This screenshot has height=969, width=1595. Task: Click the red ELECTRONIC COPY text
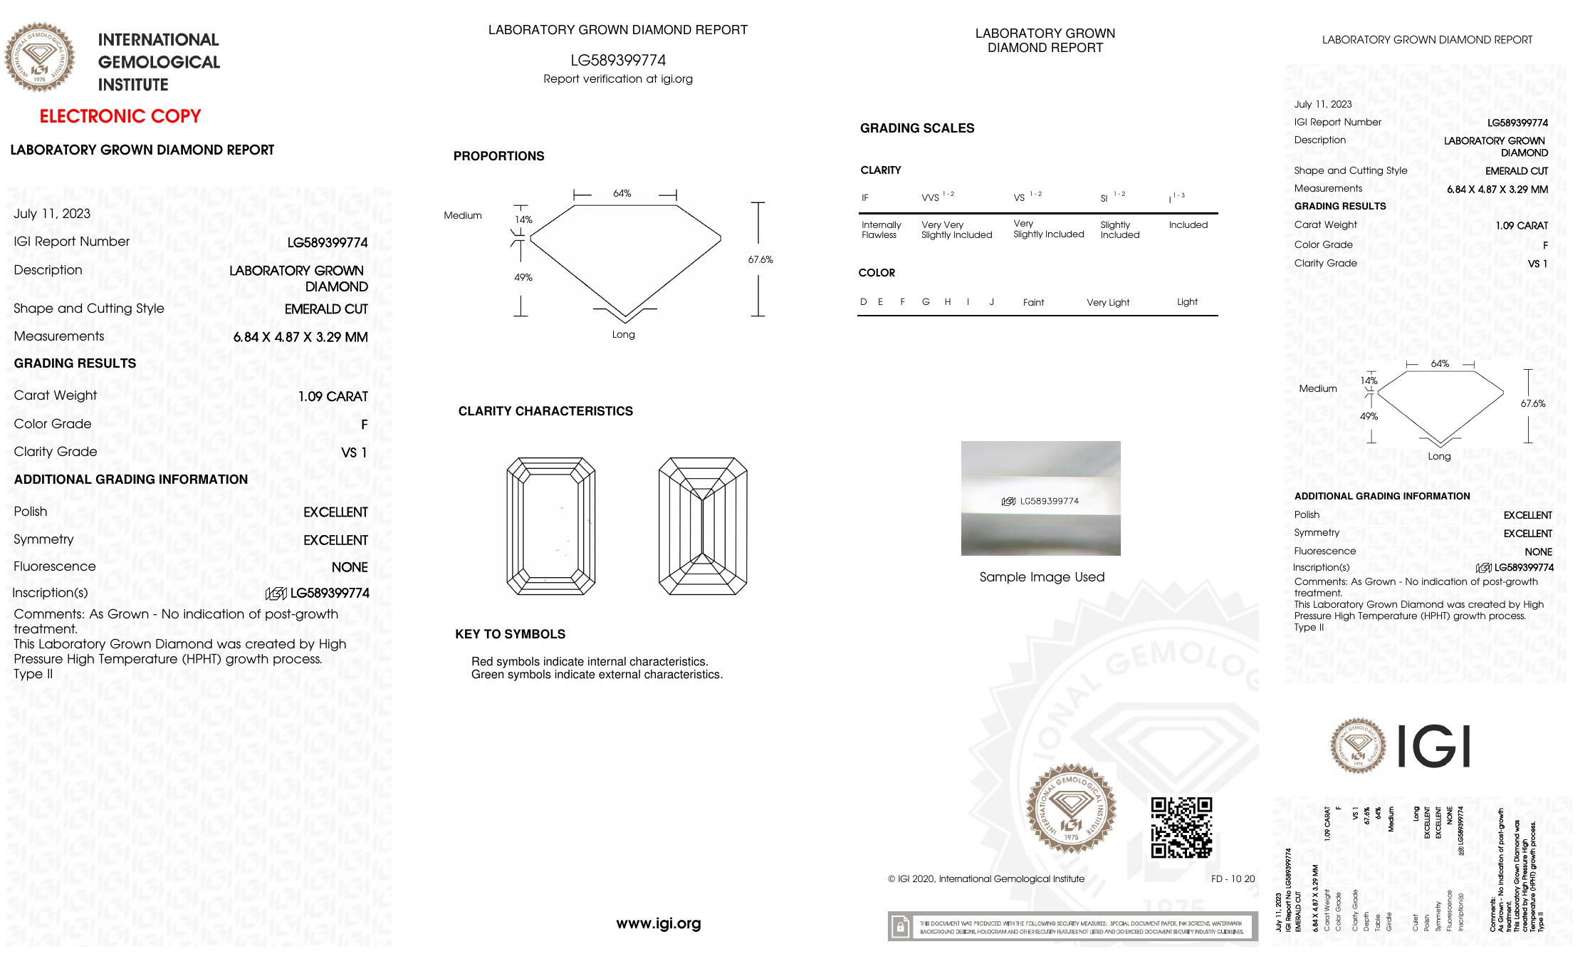pyautogui.click(x=120, y=116)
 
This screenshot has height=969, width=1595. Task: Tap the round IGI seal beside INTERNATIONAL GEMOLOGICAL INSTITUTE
pyautogui.click(x=40, y=57)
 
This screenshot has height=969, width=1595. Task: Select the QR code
pyautogui.click(x=1181, y=827)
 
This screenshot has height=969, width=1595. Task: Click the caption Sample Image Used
pyautogui.click(x=1042, y=577)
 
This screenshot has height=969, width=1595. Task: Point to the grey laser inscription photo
pyautogui.click(x=1040, y=498)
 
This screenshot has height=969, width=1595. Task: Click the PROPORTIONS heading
pyautogui.click(x=498, y=156)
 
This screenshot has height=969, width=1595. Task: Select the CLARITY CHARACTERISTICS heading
pyautogui.click(x=545, y=411)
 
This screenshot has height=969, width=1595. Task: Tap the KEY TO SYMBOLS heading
pyautogui.click(x=510, y=634)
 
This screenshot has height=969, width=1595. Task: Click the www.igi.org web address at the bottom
pyautogui.click(x=659, y=923)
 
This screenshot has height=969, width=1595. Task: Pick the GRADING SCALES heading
pyautogui.click(x=917, y=128)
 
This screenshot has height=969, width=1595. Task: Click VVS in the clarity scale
pyautogui.click(x=931, y=198)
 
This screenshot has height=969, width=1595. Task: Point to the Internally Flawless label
pyautogui.click(x=881, y=229)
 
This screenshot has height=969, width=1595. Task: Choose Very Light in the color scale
pyautogui.click(x=1108, y=302)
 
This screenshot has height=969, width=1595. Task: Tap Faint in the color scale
pyautogui.click(x=1033, y=302)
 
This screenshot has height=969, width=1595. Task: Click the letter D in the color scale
pyautogui.click(x=864, y=301)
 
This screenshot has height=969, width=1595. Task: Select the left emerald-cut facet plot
pyautogui.click(x=551, y=526)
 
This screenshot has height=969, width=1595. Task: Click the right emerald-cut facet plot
pyautogui.click(x=703, y=526)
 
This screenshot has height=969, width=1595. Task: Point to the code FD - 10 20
pyautogui.click(x=1233, y=879)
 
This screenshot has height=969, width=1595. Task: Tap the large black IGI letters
pyautogui.click(x=1433, y=747)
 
